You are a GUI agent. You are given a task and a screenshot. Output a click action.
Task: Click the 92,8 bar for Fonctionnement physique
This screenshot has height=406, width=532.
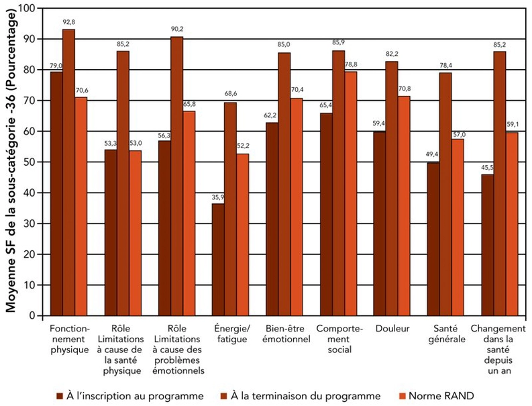(x=69, y=172)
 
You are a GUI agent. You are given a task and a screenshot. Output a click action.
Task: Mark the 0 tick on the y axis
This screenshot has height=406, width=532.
(x=32, y=315)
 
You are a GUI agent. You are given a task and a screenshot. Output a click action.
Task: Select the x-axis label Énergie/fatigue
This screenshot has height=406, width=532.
(x=230, y=335)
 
